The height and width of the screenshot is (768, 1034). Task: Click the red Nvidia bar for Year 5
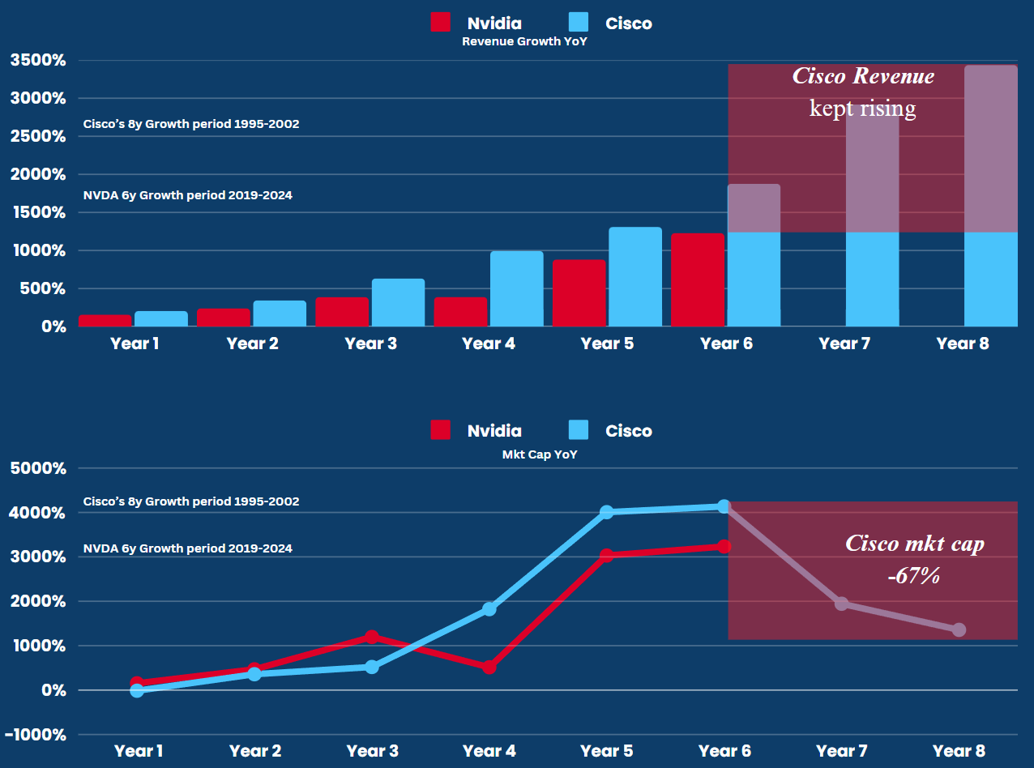pyautogui.click(x=579, y=292)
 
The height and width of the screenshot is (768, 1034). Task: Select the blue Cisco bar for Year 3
pyautogui.click(x=398, y=302)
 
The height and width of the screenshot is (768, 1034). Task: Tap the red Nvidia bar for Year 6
pyautogui.click(x=697, y=279)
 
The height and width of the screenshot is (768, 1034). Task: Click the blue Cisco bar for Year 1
pyautogui.click(x=161, y=318)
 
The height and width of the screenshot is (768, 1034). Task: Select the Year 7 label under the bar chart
pyautogui.click(x=844, y=343)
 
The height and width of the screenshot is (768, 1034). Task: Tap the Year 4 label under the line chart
pyautogui.click(x=489, y=751)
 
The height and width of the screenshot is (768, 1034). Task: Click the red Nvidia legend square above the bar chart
pyautogui.click(x=441, y=23)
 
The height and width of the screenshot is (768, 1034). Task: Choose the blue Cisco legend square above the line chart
pyautogui.click(x=579, y=430)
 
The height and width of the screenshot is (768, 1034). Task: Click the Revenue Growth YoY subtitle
pyautogui.click(x=524, y=41)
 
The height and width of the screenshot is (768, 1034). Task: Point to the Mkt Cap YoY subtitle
pyautogui.click(x=540, y=454)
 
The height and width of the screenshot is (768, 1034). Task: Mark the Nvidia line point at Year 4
pyautogui.click(x=489, y=667)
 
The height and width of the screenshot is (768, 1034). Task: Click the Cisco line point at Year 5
pyautogui.click(x=607, y=512)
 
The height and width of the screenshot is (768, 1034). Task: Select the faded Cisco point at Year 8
pyautogui.click(x=959, y=629)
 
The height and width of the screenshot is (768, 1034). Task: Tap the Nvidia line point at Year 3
pyautogui.click(x=372, y=637)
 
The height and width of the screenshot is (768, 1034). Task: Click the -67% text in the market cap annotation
pyautogui.click(x=913, y=576)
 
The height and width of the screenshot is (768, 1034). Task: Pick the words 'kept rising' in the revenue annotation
pyautogui.click(x=862, y=108)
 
